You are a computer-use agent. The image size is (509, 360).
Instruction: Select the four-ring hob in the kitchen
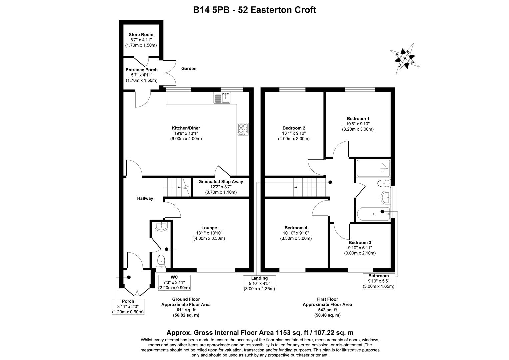click(x=243, y=129)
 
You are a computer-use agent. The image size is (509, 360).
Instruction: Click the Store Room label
click(x=141, y=35)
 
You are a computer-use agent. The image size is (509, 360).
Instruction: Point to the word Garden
click(x=189, y=69)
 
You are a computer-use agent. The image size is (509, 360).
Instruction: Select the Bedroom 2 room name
click(x=294, y=128)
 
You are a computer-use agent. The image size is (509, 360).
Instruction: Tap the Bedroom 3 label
click(x=360, y=243)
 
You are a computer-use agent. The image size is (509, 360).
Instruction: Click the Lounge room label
click(x=209, y=228)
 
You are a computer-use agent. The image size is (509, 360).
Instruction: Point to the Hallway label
click(x=145, y=199)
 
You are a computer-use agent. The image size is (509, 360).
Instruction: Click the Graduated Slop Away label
click(x=221, y=182)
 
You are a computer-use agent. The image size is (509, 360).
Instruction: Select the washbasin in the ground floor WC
click(x=161, y=227)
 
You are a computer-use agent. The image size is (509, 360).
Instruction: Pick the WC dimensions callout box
click(x=174, y=282)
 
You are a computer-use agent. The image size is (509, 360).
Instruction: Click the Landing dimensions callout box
click(x=259, y=283)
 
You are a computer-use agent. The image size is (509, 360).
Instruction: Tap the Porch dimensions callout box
click(x=128, y=307)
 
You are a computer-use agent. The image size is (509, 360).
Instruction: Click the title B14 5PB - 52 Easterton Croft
click(x=254, y=10)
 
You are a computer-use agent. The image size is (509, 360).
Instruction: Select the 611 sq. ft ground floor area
click(x=186, y=310)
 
